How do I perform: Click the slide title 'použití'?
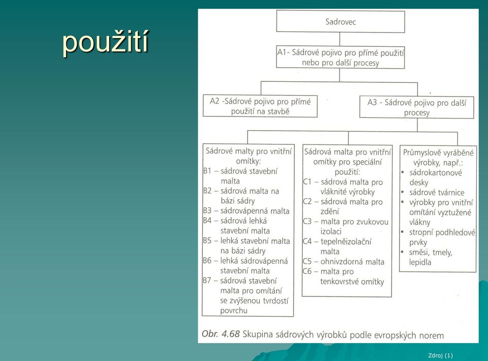point(105,43)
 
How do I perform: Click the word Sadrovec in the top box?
point(341,22)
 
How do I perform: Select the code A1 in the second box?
point(282,52)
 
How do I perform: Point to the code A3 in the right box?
point(372,102)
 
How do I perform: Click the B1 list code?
point(207,171)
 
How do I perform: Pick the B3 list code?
point(207,210)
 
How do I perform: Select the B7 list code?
point(207,280)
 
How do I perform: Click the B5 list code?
point(207,240)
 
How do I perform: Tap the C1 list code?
point(307,182)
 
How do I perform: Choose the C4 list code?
point(307,242)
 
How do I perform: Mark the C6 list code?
point(307,272)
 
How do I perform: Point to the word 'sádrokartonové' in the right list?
point(436,173)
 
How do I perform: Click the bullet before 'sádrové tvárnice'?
point(403,192)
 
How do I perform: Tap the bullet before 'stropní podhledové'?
point(403,232)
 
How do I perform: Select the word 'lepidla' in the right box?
point(420,262)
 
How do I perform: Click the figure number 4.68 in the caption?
point(231,334)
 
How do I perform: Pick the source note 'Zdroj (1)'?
point(440,355)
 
